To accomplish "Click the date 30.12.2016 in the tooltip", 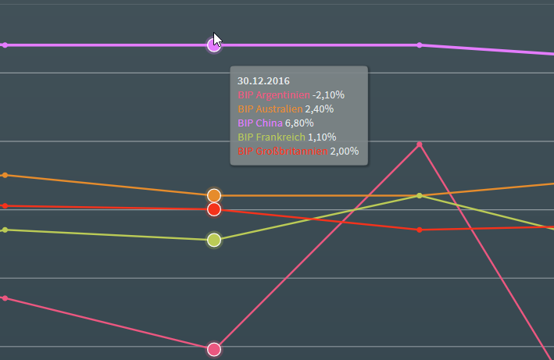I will pyautogui.click(x=263, y=80).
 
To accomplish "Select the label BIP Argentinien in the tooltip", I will pyautogui.click(x=273, y=94).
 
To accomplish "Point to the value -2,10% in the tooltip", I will pyautogui.click(x=328, y=94).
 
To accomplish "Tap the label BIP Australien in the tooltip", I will pyautogui.click(x=270, y=109).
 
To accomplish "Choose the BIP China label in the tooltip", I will pyautogui.click(x=260, y=123).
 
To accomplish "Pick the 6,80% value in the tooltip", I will pyautogui.click(x=299, y=123).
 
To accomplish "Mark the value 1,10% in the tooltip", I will pyautogui.click(x=322, y=137).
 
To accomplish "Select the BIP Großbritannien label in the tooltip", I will pyautogui.click(x=282, y=151).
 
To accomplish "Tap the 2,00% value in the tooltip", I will pyautogui.click(x=345, y=151).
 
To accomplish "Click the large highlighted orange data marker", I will pyautogui.click(x=214, y=195).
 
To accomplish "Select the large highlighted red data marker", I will pyautogui.click(x=214, y=209).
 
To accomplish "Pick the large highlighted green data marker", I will pyautogui.click(x=214, y=240).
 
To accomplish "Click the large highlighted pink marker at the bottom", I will pyautogui.click(x=214, y=349).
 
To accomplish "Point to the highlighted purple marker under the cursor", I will pyautogui.click(x=213, y=45).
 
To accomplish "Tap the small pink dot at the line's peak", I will pyautogui.click(x=420, y=144).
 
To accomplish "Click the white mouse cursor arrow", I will pyautogui.click(x=217, y=41).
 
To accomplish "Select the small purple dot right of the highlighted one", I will pyautogui.click(x=420, y=45).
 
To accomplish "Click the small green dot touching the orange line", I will pyautogui.click(x=420, y=195).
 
